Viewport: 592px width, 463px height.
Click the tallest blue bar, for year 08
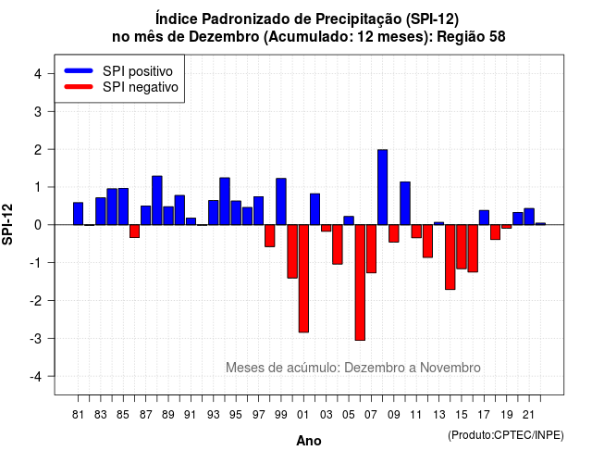point(382,187)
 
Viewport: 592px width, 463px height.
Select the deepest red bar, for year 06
point(360,282)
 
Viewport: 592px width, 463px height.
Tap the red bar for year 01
point(303,279)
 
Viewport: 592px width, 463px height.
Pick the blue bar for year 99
point(281,202)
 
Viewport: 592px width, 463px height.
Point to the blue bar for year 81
point(78,214)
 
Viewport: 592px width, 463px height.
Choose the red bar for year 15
point(462,246)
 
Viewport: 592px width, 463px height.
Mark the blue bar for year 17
point(484,218)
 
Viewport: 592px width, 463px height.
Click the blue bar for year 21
point(529,217)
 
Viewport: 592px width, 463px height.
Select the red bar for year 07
point(371,249)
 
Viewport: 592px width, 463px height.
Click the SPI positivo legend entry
point(118,71)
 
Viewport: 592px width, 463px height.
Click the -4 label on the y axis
point(37,377)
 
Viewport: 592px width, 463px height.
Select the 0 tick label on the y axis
point(38,225)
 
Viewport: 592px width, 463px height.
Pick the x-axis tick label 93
point(214,415)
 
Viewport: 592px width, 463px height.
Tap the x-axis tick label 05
point(349,415)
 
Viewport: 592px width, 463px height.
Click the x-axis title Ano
point(309,441)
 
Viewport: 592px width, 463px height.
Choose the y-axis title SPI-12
point(7,224)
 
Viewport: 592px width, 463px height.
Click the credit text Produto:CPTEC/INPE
point(506,435)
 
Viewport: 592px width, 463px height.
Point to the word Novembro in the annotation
point(450,368)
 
